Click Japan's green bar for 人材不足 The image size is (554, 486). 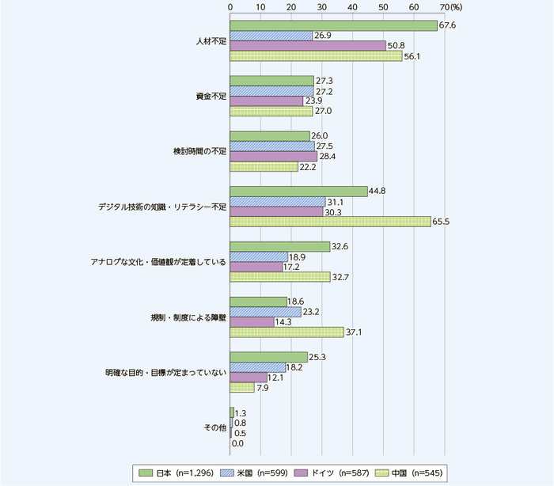click(x=333, y=26)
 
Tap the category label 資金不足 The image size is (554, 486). click(x=211, y=97)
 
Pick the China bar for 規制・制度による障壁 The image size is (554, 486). click(x=286, y=332)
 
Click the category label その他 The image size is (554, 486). click(x=217, y=427)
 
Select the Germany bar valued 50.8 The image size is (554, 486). click(x=308, y=46)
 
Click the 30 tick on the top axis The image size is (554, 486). click(x=322, y=6)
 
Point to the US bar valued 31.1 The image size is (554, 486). click(x=278, y=201)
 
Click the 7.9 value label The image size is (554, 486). click(x=263, y=388)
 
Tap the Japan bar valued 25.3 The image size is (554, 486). click(x=269, y=357)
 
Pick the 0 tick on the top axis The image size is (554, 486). click(x=230, y=6)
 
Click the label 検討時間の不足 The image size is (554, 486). click(x=200, y=151)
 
